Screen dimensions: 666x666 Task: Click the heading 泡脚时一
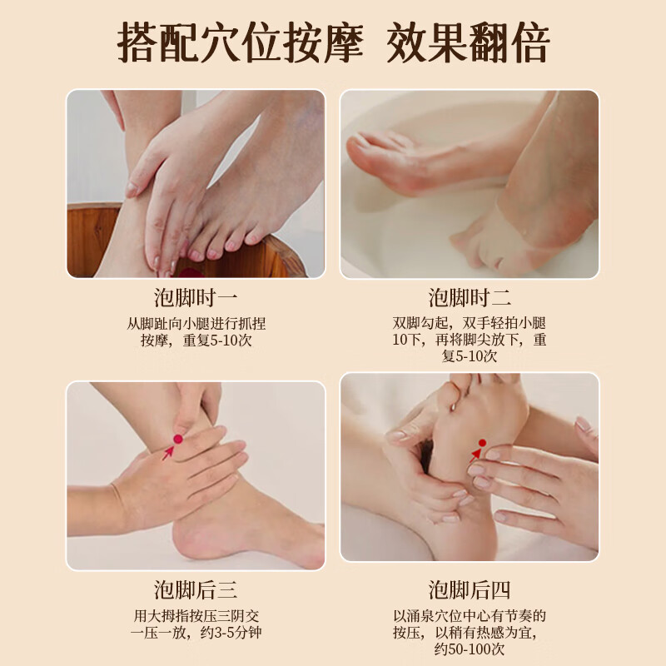point(196,298)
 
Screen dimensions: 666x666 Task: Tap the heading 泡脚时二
point(470,298)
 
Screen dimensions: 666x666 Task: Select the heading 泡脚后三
point(196,590)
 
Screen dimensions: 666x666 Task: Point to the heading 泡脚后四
point(470,590)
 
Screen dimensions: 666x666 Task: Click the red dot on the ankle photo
point(177,439)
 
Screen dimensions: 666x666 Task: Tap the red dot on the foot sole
point(482,443)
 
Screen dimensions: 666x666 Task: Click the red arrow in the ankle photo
point(168,452)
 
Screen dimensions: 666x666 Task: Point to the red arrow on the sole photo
point(475,455)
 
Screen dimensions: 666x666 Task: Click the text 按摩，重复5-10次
point(196,340)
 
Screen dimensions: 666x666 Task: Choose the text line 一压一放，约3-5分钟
point(196,633)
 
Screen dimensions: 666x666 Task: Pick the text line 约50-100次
point(470,649)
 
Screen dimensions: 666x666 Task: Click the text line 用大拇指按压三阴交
point(196,616)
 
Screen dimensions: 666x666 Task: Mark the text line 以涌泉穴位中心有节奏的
point(470,616)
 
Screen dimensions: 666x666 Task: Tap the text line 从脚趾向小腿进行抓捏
point(196,323)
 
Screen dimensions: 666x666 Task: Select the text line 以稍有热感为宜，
point(470,633)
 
